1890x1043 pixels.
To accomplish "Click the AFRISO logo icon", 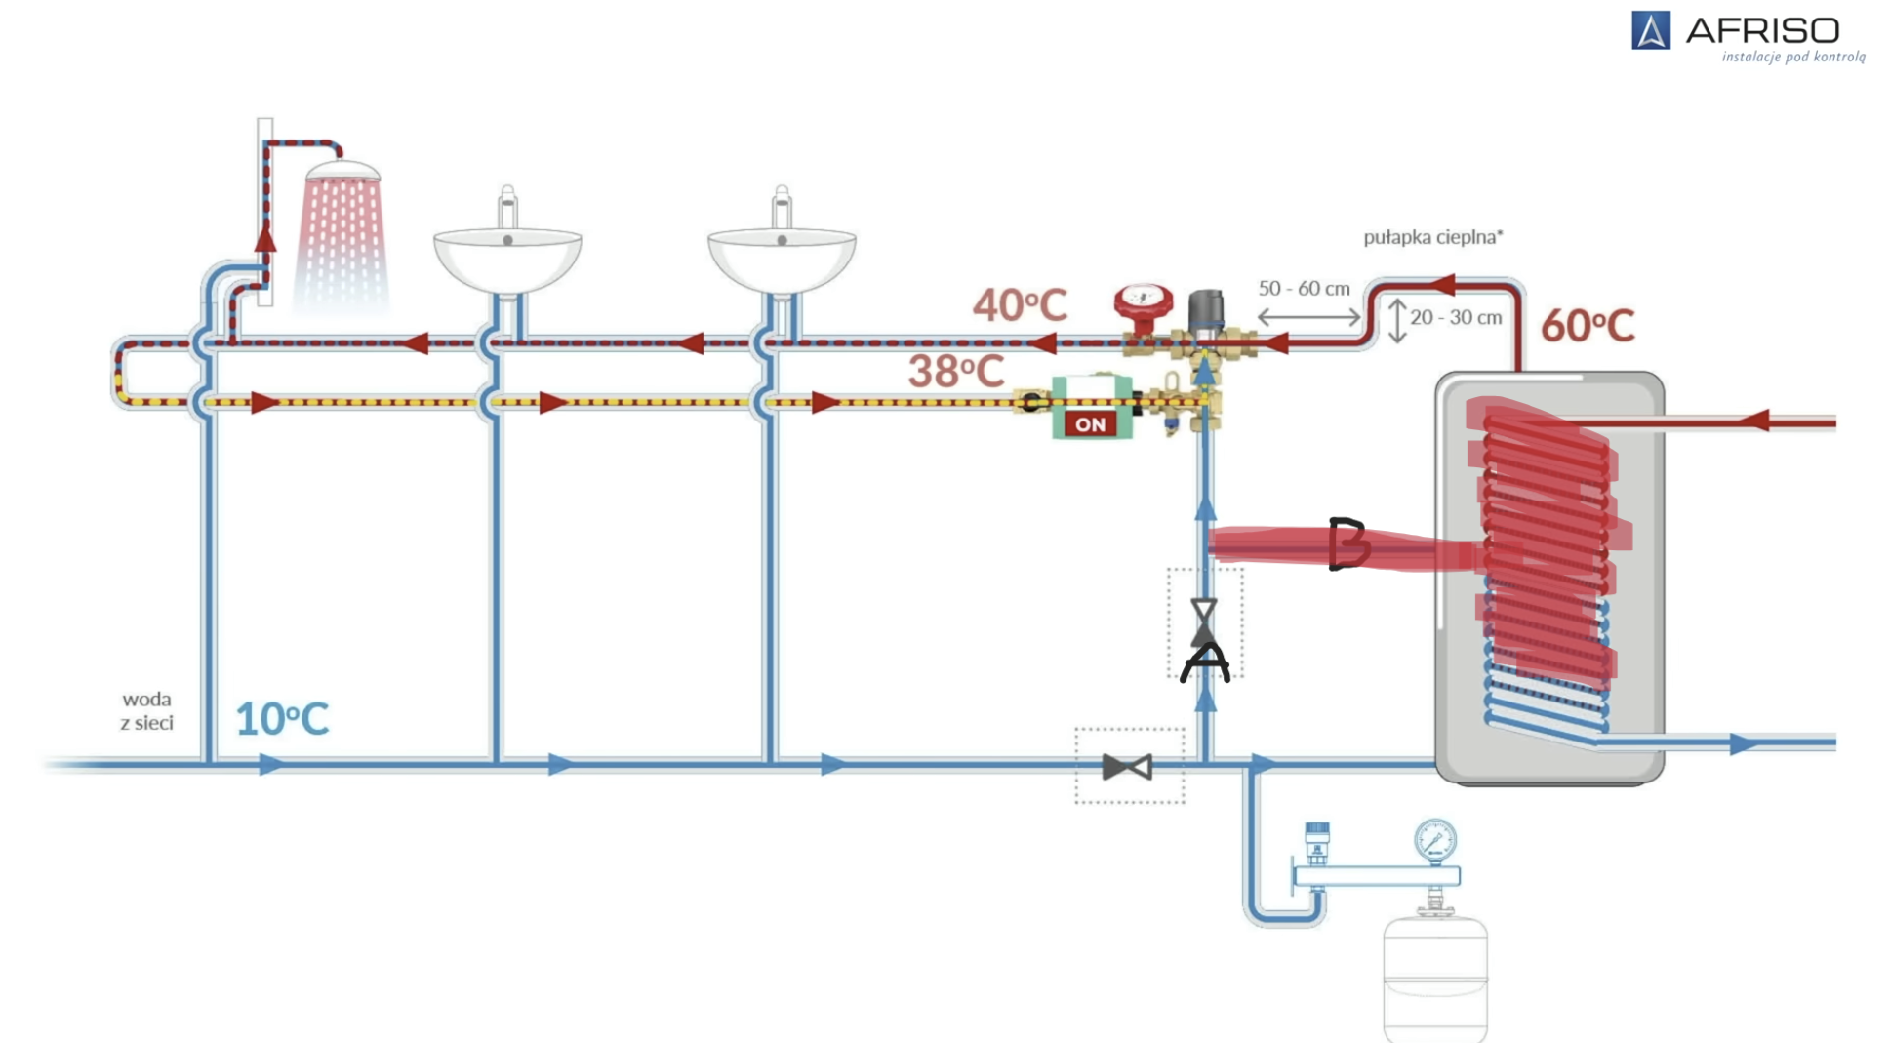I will (x=1650, y=30).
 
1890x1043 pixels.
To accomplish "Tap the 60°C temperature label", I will (x=1587, y=326).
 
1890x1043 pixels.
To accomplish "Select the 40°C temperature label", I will (x=1019, y=305).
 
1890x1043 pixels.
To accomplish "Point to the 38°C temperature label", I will (x=955, y=372).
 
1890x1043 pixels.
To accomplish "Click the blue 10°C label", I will (x=282, y=719).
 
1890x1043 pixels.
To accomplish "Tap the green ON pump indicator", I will (x=1091, y=423).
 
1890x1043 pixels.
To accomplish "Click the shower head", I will (x=342, y=173).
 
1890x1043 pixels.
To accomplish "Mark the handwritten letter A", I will (x=1205, y=662).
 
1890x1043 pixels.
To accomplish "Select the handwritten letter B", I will (x=1347, y=543).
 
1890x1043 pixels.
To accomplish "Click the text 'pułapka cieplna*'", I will (x=1432, y=237).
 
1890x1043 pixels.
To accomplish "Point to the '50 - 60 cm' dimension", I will (x=1304, y=289).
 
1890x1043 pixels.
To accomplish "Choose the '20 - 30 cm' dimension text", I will (x=1455, y=318).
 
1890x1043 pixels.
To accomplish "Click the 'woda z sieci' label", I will (x=147, y=711).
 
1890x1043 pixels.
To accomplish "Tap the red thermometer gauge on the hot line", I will (x=1143, y=300).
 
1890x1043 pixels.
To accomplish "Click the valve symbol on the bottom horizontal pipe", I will (x=1127, y=767).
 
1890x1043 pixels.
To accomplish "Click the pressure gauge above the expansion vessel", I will (x=1434, y=839).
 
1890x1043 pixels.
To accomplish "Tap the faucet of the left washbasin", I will (x=507, y=206).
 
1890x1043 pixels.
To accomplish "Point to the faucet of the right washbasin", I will (x=782, y=206).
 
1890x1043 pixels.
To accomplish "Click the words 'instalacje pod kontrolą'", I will (x=1792, y=57).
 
